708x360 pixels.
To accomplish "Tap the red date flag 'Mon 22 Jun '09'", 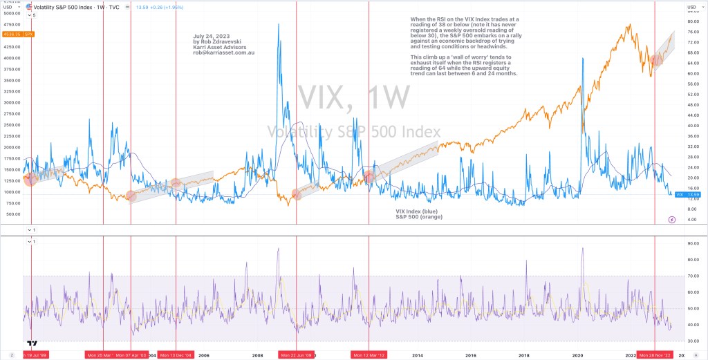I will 296,355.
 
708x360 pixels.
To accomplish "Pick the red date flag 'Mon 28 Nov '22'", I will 654,355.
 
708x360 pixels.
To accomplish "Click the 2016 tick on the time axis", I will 470,355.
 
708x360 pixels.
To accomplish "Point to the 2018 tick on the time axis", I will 523,355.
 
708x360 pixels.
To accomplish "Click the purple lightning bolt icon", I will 672,220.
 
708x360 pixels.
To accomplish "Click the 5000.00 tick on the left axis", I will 12,13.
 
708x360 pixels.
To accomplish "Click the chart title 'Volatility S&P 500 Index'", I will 64,7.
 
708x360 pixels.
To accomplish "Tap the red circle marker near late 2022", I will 656,60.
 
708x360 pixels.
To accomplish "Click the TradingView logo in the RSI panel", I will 32,343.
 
